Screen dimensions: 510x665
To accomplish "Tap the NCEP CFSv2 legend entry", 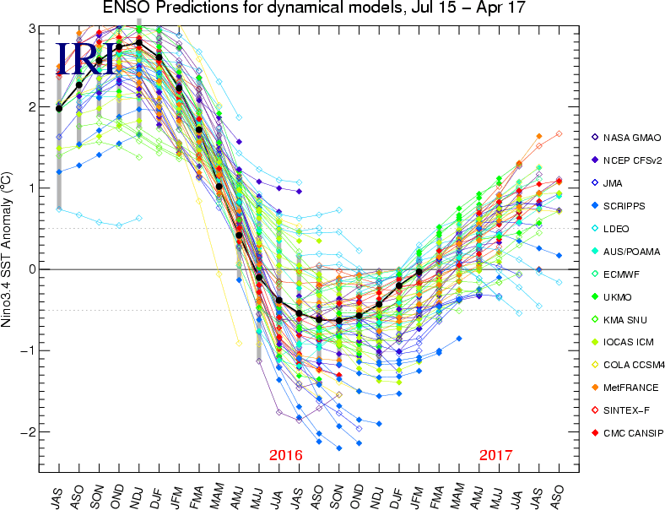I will [x=630, y=159].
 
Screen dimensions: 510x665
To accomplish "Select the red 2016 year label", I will [x=285, y=456].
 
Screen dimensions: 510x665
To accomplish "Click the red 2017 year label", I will [x=495, y=456].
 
